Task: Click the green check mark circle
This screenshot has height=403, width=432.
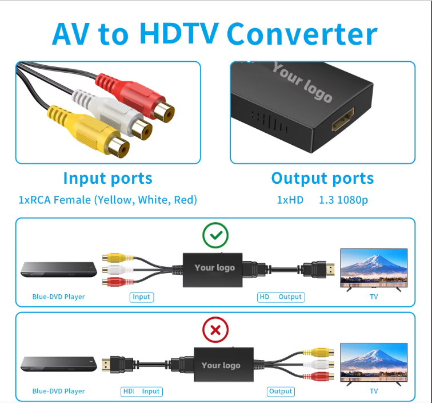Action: tap(215, 235)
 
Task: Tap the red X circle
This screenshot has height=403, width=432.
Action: tap(215, 330)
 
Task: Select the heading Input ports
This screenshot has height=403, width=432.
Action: tap(107, 178)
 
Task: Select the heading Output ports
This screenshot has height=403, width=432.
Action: tap(322, 178)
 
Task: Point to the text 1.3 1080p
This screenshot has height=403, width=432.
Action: tap(343, 200)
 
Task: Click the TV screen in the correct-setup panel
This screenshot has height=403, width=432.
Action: tap(374, 267)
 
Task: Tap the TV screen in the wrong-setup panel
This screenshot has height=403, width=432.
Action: tap(374, 362)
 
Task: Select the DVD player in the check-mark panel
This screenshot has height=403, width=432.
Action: tap(57, 269)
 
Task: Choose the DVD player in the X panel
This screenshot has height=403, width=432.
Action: tap(57, 364)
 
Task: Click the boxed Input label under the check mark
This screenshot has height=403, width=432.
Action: tap(141, 297)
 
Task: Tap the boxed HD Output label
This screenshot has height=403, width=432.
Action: tap(281, 297)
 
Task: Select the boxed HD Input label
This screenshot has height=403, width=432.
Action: tap(142, 392)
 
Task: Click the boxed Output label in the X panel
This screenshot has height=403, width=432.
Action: tap(281, 392)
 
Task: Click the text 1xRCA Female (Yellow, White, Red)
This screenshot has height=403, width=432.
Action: tap(107, 200)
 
